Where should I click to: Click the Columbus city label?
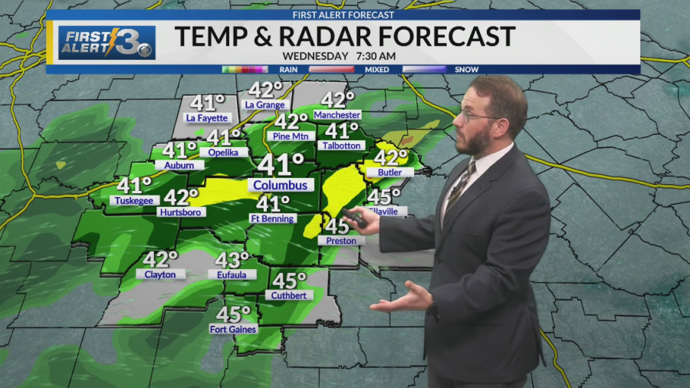pos(281,186)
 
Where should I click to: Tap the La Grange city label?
pos(265,105)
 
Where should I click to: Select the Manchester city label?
pos(337,115)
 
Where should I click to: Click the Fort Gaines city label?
pos(233,330)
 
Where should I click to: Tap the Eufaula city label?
pos(232,275)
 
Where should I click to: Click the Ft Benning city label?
pos(273,219)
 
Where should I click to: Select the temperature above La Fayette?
pos(207,103)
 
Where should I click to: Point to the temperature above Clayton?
pos(160,259)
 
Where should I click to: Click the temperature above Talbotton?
pos(342,131)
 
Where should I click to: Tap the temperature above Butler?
pos(390,157)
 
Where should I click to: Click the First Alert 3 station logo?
pos(107,43)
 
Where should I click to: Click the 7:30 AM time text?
pos(375,56)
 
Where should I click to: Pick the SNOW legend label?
pos(467,70)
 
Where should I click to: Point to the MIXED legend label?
pos(378,70)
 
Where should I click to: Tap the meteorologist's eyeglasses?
pos(477,117)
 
